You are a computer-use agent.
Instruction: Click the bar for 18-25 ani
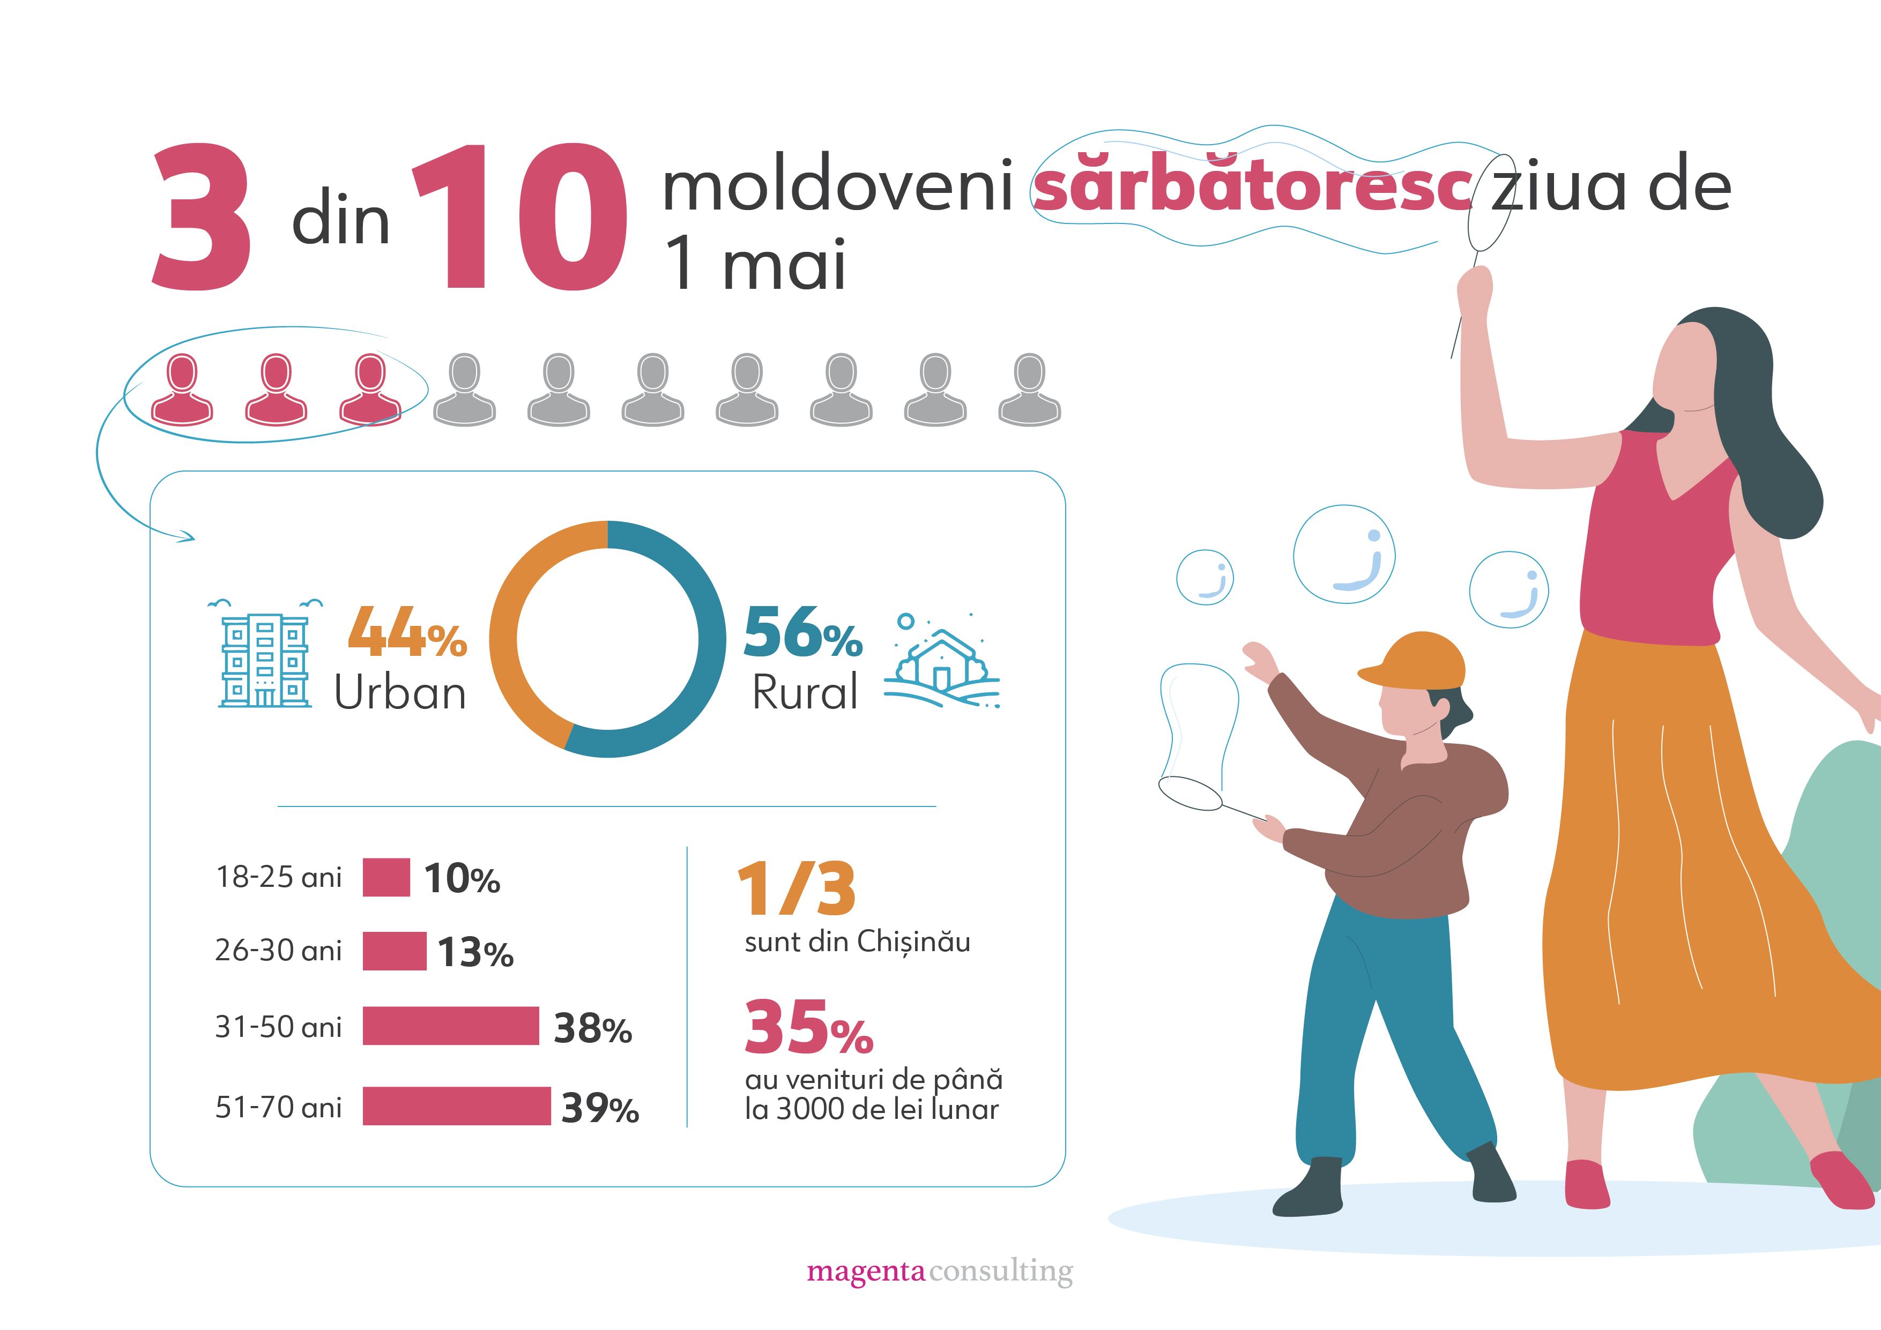tap(386, 877)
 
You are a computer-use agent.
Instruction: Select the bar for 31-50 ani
tap(451, 1025)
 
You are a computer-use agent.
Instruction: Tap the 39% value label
tap(600, 1108)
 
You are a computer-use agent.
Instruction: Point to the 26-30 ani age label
tap(278, 950)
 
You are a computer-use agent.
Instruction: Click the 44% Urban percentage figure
tap(407, 632)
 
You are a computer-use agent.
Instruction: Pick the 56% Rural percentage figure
tap(803, 632)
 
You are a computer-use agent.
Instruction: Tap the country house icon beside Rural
tap(942, 662)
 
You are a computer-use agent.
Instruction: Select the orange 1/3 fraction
tap(797, 890)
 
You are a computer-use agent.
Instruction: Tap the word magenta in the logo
tap(865, 1271)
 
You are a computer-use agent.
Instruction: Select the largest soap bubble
tap(1343, 555)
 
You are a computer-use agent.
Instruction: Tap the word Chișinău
tap(913, 942)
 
